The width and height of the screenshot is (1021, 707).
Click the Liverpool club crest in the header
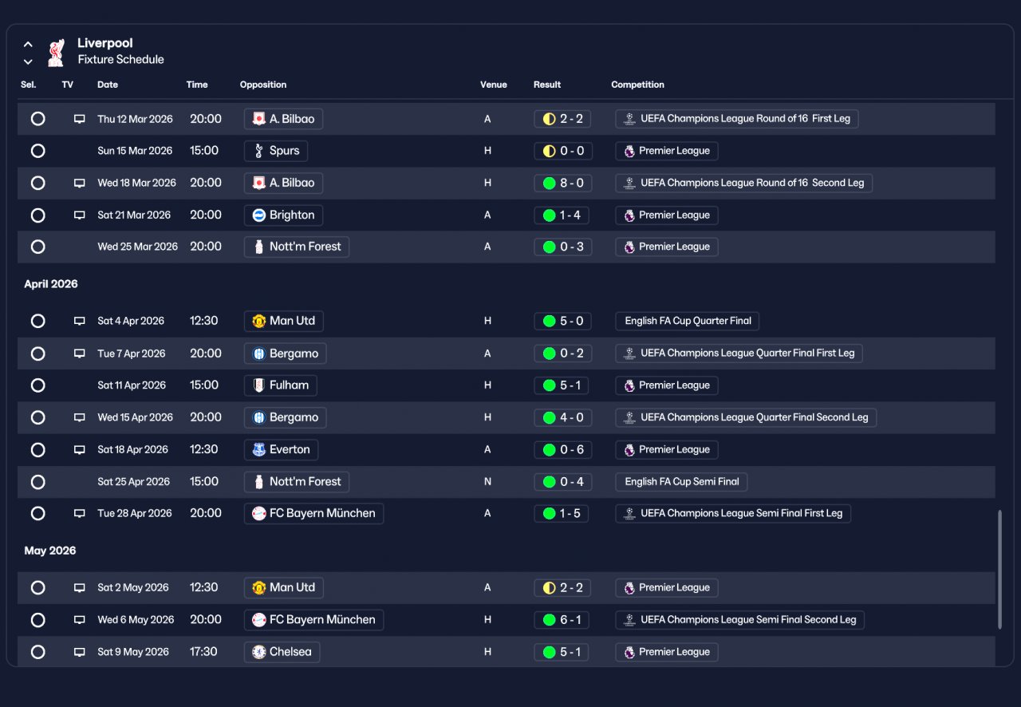tap(56, 53)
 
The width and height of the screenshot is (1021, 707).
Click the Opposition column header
tap(263, 85)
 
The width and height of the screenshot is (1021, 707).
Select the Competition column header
tap(637, 85)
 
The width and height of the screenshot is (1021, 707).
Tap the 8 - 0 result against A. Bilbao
tap(563, 183)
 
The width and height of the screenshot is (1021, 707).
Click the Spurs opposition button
tap(276, 151)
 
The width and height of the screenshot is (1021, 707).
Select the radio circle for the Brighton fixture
tap(37, 215)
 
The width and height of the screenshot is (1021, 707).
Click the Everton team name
tap(290, 450)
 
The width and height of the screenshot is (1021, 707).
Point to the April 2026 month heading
tap(50, 284)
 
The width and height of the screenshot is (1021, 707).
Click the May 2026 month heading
tap(49, 551)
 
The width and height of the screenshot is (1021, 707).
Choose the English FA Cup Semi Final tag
tap(681, 482)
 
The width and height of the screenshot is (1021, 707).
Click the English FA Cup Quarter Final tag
tap(687, 321)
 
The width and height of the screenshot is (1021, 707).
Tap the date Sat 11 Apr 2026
tap(132, 385)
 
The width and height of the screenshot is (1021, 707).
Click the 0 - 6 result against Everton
tap(563, 450)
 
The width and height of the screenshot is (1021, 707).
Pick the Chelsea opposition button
tap(282, 652)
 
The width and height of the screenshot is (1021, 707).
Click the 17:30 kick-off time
tap(203, 652)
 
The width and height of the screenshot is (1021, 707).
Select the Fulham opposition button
tap(280, 385)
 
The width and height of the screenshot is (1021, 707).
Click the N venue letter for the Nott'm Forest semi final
tap(487, 482)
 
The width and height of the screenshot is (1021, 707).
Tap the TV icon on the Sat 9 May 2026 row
tap(79, 652)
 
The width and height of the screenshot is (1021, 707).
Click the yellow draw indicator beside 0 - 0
tap(550, 151)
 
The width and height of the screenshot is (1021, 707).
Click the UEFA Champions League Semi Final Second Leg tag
tap(739, 620)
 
